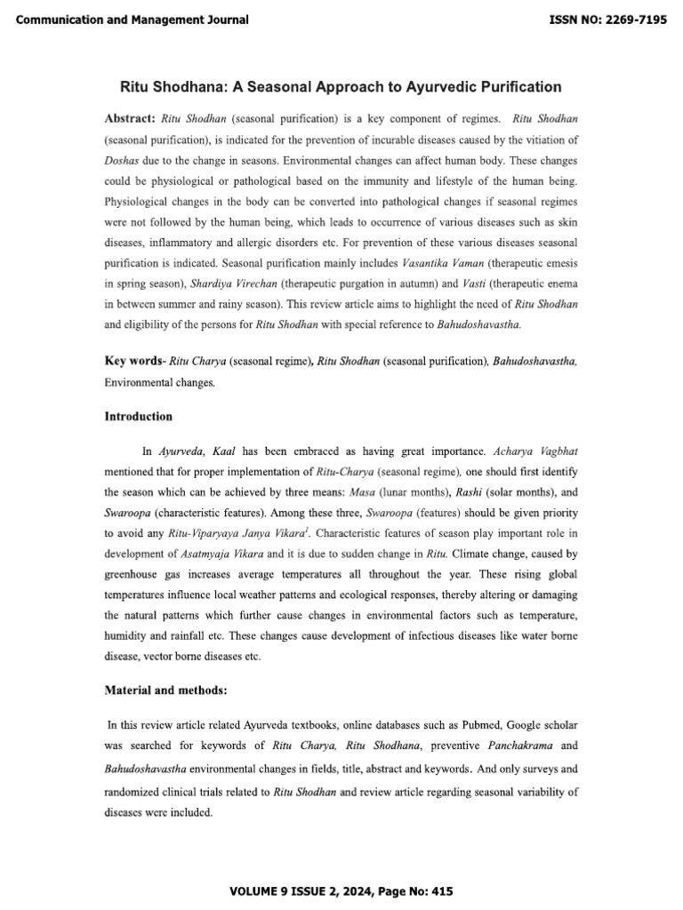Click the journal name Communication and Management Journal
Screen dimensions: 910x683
coord(133,20)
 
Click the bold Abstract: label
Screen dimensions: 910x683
coord(131,118)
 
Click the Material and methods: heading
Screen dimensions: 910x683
coord(164,690)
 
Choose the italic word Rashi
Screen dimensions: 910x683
coord(477,491)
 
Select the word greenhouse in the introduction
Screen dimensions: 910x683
coord(135,576)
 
